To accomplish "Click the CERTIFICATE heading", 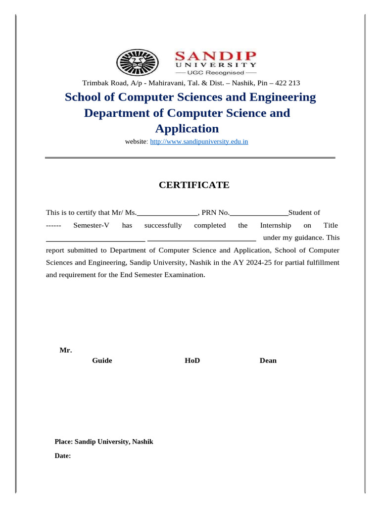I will point(193,185).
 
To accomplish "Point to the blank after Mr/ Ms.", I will point(167,213).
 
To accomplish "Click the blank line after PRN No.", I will point(259,213).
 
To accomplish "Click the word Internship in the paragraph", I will point(276,225).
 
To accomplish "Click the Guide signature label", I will point(102,360).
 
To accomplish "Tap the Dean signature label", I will point(268,360).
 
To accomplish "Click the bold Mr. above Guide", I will point(66,351).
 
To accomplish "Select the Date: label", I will point(63,456).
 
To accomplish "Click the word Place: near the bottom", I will point(63,441).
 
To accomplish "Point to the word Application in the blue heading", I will point(187,129).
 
